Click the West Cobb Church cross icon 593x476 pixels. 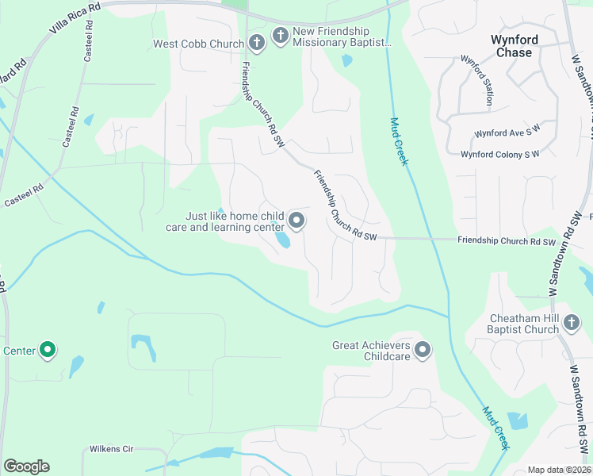coord(256,42)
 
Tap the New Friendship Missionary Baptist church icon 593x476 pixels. coord(280,36)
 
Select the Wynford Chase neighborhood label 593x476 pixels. coord(515,46)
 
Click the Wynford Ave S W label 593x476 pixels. coord(507,133)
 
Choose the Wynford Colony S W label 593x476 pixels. coord(500,154)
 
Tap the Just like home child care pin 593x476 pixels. coord(296,221)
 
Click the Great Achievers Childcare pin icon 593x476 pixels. coord(423,350)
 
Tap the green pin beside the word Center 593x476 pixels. coord(48,349)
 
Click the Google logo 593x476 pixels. coord(26,466)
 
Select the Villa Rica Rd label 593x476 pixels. coord(75,17)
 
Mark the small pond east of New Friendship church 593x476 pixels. coord(346,60)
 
